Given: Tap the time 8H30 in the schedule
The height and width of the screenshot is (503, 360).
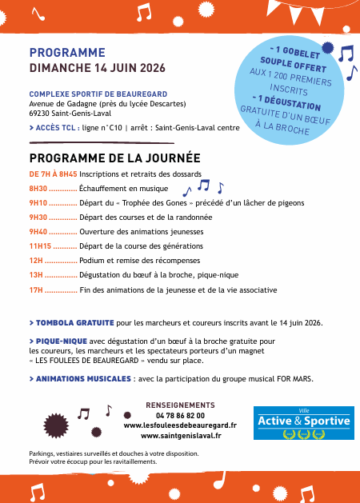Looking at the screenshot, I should tap(38, 189).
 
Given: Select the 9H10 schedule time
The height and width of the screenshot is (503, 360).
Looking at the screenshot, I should tap(38, 203).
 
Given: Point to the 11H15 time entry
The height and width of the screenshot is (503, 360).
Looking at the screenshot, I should tap(40, 246).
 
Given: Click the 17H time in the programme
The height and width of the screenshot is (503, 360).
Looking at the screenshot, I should tap(35, 289).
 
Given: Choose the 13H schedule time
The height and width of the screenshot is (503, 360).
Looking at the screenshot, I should tap(35, 275).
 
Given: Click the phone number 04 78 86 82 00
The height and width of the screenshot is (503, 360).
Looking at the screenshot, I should tap(180, 416).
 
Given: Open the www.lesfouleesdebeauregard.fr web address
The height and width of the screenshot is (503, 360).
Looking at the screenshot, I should tap(180, 425).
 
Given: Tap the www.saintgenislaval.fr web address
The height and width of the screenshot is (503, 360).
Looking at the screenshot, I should tap(181, 436).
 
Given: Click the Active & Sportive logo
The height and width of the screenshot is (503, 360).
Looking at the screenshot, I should tap(302, 424).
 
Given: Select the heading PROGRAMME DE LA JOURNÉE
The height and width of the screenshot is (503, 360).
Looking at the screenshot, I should tap(114, 158).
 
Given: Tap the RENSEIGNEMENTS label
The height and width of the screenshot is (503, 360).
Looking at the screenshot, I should tap(180, 405).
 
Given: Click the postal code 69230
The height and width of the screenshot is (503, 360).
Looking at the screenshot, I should tap(39, 113).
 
